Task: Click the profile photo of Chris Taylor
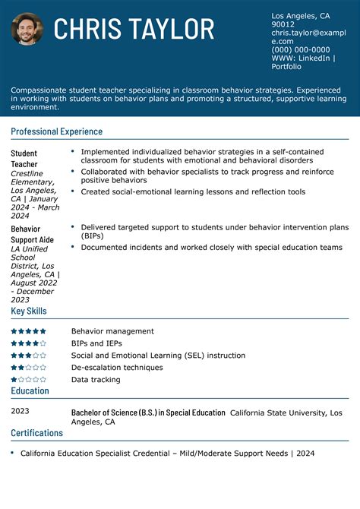click(x=27, y=29)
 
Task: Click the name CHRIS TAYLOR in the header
click(x=134, y=30)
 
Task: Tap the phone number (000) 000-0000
click(x=301, y=49)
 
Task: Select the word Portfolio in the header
click(x=286, y=66)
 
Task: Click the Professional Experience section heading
click(x=56, y=131)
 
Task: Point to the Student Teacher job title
click(x=24, y=158)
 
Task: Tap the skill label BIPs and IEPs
click(x=96, y=343)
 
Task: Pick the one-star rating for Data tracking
click(x=28, y=379)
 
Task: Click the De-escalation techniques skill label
click(x=117, y=367)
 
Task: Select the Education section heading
click(x=30, y=390)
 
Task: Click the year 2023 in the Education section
click(x=20, y=411)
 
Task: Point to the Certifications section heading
click(x=37, y=433)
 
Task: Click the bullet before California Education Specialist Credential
click(x=12, y=453)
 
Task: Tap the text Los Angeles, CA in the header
click(x=300, y=16)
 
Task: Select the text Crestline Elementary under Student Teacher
click(x=27, y=178)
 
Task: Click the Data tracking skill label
click(x=96, y=379)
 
